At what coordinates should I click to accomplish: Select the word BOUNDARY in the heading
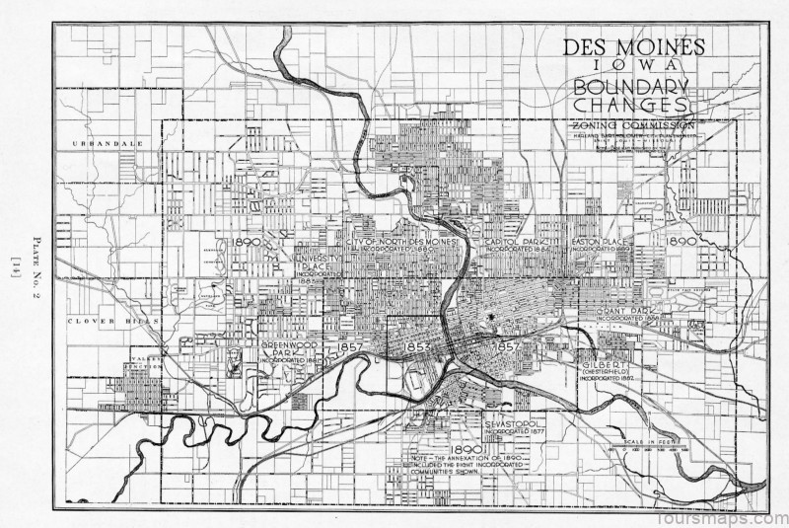[630, 86]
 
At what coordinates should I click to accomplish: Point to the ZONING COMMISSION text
[632, 125]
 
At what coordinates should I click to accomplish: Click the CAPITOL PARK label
[514, 242]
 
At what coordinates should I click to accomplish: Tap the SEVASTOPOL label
[514, 423]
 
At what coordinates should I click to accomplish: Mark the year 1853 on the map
[416, 347]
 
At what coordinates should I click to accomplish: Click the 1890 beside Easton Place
[681, 241]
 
